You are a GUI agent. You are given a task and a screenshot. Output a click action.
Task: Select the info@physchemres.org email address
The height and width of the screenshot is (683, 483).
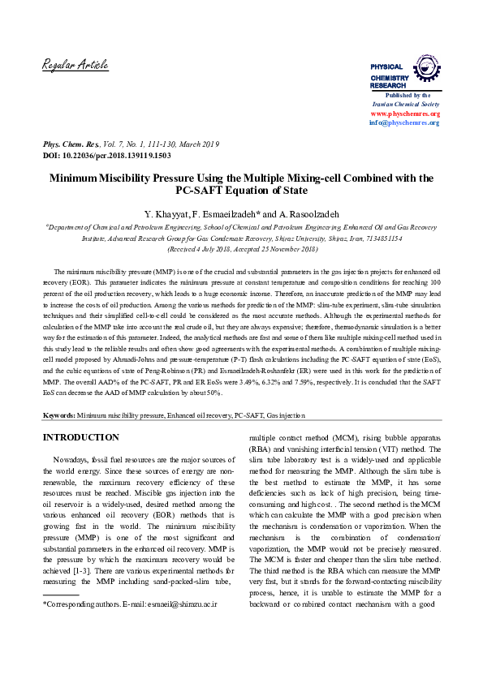tap(404, 122)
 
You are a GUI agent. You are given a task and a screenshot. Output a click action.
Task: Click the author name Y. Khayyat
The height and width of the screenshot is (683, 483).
tap(168, 214)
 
